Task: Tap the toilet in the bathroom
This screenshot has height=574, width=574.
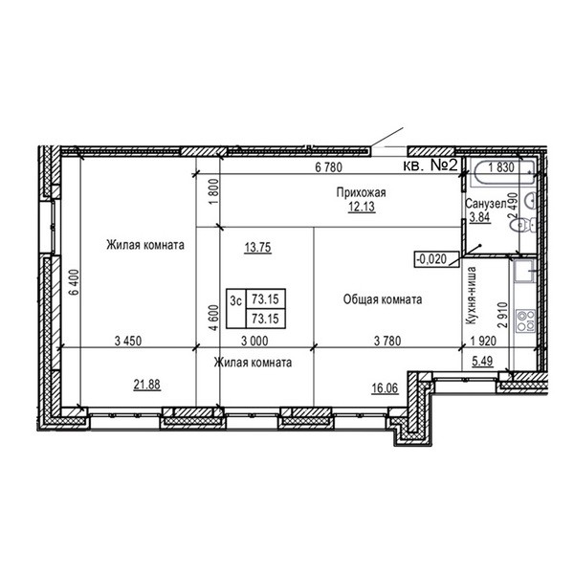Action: coord(523,225)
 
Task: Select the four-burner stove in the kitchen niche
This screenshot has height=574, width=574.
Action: coord(525,320)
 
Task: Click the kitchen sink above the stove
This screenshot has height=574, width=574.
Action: coord(525,272)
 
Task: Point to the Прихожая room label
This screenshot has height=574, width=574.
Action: coord(361,192)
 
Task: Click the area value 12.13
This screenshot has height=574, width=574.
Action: coord(362,207)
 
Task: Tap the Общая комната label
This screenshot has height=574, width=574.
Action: coord(383,299)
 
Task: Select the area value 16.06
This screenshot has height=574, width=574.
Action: coord(385,388)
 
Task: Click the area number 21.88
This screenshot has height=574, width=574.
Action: coord(146,385)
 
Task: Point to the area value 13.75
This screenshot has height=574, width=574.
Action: coord(257,248)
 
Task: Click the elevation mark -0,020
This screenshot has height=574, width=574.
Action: coord(436,259)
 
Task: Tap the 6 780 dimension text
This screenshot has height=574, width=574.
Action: coord(329,167)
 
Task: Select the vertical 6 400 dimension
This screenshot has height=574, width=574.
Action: coord(75,282)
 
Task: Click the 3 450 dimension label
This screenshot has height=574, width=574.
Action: coord(128,341)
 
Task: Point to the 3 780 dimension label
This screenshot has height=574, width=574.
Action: coord(387,341)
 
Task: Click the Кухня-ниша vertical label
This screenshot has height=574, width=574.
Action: coord(471,296)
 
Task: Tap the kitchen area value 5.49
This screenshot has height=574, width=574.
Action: coord(482,362)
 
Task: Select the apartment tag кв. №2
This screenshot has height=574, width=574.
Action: coord(430,166)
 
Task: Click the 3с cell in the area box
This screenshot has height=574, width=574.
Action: coord(236,300)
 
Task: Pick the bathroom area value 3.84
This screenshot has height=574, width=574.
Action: coord(479,217)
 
